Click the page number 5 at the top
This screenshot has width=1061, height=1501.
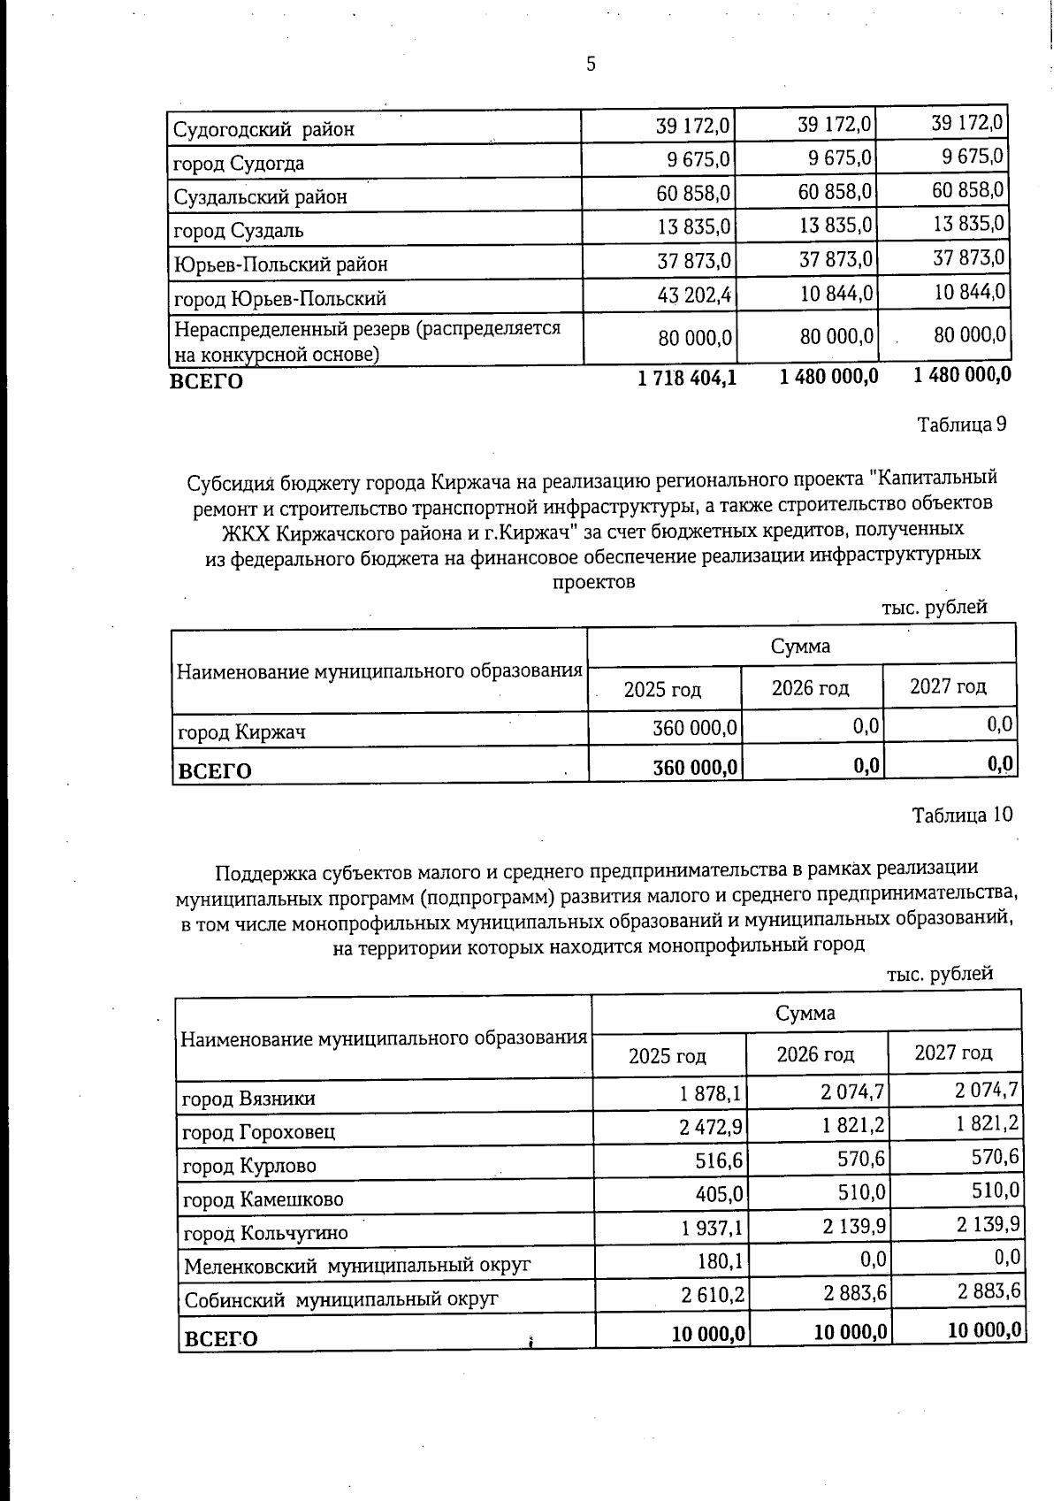[x=591, y=64]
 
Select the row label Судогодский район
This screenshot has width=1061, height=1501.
[x=263, y=129]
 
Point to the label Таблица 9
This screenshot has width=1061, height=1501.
[x=961, y=424]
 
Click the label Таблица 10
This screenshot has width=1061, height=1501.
[x=962, y=815]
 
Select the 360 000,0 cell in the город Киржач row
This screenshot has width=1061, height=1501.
[x=695, y=728]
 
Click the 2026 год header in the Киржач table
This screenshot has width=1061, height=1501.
[x=810, y=688]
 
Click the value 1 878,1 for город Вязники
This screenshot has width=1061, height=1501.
[x=710, y=1095]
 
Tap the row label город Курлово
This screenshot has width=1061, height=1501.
[x=248, y=1166]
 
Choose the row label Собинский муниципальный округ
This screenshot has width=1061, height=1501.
[x=341, y=1298]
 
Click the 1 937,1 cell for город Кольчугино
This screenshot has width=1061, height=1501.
[x=710, y=1229]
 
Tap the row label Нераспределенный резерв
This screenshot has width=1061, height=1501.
[x=367, y=329]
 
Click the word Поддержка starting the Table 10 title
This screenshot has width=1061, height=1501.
[x=263, y=873]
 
